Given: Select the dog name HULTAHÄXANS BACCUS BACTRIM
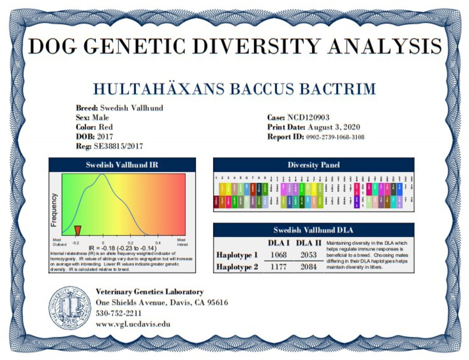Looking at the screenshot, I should coord(234,89).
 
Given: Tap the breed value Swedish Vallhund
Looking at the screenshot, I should coord(132,108).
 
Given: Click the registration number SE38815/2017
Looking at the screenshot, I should coord(118,147).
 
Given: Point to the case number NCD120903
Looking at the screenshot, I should coord(308,118).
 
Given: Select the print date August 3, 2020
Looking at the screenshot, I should coord(333,127).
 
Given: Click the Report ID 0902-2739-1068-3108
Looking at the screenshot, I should coord(335,137).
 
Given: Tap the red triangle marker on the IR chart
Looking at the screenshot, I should coord(77,230).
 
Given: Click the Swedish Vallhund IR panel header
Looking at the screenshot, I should coord(122,165).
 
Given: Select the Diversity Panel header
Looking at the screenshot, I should coord(313,165).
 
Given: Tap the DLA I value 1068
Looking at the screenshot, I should coord(278,255).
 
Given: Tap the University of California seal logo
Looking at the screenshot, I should coord(69,308).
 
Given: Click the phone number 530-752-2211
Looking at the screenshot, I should coord(118,314).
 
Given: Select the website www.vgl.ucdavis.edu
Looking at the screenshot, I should coord(133,324).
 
